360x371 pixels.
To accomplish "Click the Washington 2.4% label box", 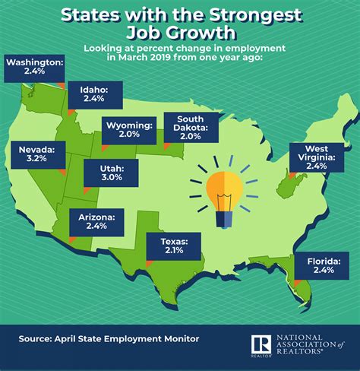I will [33, 68].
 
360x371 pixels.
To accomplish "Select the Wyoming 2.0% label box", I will [128, 130].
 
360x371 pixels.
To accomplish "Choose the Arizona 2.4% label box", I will [96, 224].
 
